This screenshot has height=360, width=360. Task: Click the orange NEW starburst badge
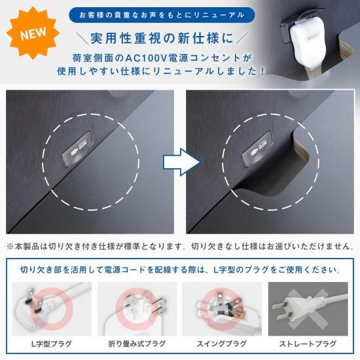(x=33, y=33)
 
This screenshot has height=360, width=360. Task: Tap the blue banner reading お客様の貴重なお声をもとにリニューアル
(x=162, y=15)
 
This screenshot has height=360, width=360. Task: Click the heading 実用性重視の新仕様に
(x=162, y=38)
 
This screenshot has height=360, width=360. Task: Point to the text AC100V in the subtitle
(x=145, y=58)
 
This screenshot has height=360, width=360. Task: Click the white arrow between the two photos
(x=182, y=162)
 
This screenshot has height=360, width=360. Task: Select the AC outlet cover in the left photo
(x=77, y=148)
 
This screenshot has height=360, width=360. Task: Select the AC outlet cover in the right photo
(x=257, y=148)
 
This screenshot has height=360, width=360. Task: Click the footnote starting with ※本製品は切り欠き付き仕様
(x=180, y=247)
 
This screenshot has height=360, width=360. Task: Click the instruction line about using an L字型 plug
(x=180, y=270)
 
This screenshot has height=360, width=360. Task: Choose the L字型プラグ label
(x=52, y=344)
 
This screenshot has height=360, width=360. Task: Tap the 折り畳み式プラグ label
(x=137, y=344)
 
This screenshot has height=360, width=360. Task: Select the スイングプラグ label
(x=221, y=344)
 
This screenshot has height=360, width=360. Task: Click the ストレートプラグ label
(x=308, y=344)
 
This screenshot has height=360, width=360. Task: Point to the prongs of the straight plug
(x=281, y=311)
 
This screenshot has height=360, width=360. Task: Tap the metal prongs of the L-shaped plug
(x=34, y=301)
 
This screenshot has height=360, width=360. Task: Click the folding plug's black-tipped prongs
(x=159, y=306)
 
